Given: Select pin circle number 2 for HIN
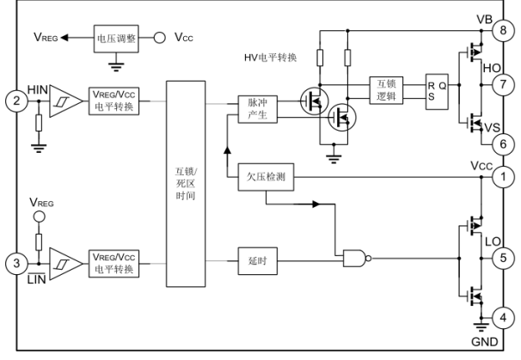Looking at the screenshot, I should tap(15, 101).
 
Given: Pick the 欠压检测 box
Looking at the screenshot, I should tap(265, 177).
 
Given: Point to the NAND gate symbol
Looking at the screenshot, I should tap(353, 256).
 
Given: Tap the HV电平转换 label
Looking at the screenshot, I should tap(273, 58).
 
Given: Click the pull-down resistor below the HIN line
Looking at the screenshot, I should tap(38, 123).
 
